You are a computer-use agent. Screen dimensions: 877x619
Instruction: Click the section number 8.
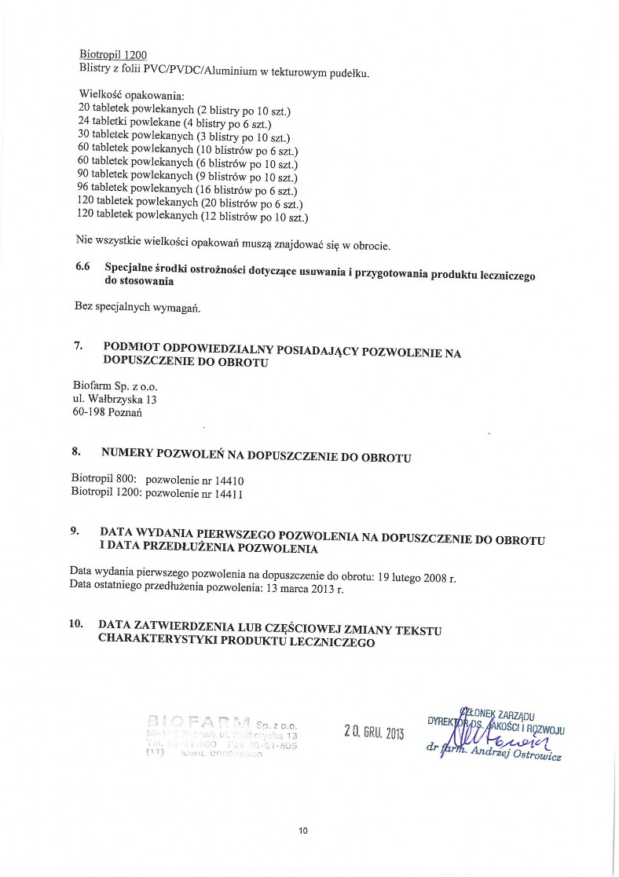click(76, 453)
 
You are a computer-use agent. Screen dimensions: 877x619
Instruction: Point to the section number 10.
click(77, 625)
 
